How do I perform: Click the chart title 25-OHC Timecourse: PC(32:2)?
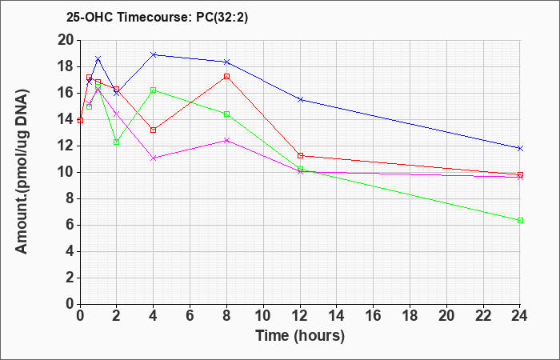point(157,18)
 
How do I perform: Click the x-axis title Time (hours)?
point(300,336)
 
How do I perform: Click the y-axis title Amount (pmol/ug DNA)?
point(22,172)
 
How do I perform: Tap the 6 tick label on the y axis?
point(70,226)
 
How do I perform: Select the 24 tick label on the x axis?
point(519,316)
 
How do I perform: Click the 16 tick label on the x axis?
point(374,316)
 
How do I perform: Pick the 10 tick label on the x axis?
point(263,316)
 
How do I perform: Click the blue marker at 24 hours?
point(520,148)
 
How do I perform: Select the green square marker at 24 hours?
point(520,220)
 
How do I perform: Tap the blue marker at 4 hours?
point(154,54)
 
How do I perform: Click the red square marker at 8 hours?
point(226,77)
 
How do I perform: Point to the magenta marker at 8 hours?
point(226,140)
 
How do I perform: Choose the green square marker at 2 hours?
point(117,142)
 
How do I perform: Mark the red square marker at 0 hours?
point(80,120)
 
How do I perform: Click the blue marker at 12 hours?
point(300,99)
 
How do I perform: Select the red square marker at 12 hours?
point(300,155)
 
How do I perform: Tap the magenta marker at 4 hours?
point(154,158)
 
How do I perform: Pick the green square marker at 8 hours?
point(226,114)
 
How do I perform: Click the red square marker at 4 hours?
point(154,130)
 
